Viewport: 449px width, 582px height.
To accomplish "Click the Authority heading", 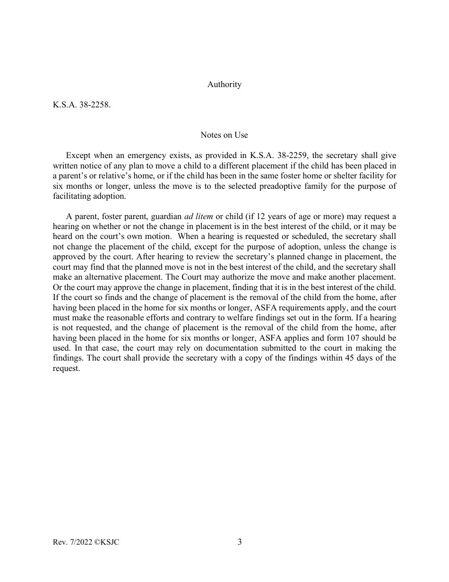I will (x=224, y=84).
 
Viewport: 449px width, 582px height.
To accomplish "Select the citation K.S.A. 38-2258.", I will (x=82, y=105).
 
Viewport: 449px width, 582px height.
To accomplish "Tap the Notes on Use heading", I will (x=224, y=135).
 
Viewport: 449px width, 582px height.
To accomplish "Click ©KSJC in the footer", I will (x=107, y=542).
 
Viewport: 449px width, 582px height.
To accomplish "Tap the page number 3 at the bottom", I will (x=240, y=542).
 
